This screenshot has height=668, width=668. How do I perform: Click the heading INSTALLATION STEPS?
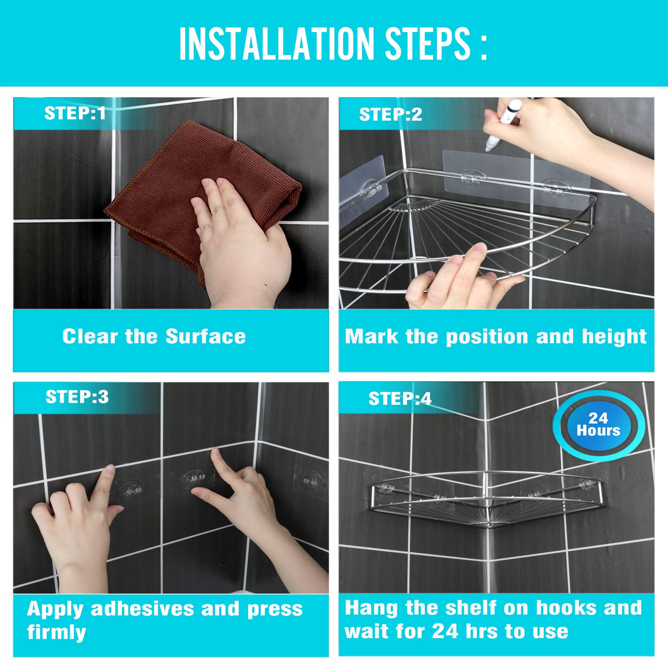click(333, 43)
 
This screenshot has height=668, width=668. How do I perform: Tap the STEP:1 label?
click(75, 114)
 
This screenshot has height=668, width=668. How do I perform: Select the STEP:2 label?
click(390, 115)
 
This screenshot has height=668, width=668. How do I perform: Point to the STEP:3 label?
click(77, 397)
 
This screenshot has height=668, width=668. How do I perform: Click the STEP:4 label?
click(399, 399)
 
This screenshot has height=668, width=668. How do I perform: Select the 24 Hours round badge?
click(598, 424)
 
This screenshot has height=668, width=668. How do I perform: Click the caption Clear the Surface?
click(154, 336)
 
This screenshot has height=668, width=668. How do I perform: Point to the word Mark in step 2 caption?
click(371, 336)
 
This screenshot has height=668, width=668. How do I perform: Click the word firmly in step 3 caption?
click(56, 632)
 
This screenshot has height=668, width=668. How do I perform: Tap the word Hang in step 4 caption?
click(371, 608)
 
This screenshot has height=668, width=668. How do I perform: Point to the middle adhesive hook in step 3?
click(194, 478)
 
